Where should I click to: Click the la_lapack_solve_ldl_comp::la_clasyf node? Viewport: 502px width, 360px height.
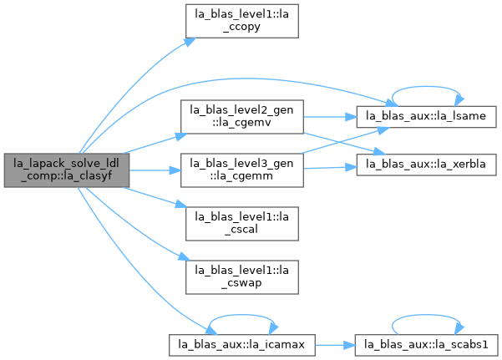coord(67,170)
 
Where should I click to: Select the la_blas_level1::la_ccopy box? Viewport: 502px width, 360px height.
coord(242,21)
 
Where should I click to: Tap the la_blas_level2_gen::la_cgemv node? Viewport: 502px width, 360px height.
coord(242,117)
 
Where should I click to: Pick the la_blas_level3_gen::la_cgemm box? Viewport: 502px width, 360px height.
coord(242,170)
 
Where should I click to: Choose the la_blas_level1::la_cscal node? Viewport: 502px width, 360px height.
coord(242,224)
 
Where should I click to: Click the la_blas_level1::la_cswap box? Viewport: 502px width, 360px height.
coord(242,277)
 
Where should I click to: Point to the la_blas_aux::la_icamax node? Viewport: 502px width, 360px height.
coord(242,345)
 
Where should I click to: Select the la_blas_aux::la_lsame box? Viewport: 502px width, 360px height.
coord(427,117)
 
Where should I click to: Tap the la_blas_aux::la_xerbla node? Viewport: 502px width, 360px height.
coord(427,165)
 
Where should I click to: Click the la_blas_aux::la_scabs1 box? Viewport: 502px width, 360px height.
coord(427,345)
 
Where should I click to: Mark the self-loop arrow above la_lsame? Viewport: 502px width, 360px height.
coord(426,87)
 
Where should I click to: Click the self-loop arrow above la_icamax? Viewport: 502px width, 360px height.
coord(242,315)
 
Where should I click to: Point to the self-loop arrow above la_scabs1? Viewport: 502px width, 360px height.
coord(427,315)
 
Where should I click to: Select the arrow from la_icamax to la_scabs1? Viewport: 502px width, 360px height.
coord(335,345)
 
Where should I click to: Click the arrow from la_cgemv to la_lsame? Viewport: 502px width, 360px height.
coord(330,117)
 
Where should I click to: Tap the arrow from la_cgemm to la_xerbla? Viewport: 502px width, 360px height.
coord(330,168)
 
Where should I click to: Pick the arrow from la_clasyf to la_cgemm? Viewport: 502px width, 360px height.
coord(155,170)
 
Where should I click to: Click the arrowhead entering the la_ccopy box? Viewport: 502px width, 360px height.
coord(190,42)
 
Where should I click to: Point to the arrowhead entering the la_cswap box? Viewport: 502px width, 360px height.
coord(185,256)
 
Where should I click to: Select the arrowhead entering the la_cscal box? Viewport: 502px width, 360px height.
coord(181,204)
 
